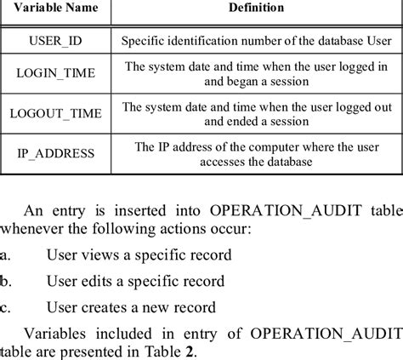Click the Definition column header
[256, 8]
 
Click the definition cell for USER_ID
[256, 41]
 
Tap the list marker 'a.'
[6, 254]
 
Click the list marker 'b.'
[6, 280]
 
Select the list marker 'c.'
[6, 306]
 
